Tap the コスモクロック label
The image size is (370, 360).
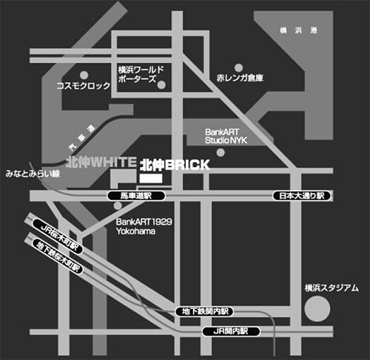pos(84,86)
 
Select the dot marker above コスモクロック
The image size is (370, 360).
pos(84,74)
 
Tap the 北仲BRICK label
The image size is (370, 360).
pos(175,164)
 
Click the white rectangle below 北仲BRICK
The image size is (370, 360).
pos(150,179)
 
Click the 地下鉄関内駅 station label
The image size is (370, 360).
pos(203,312)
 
